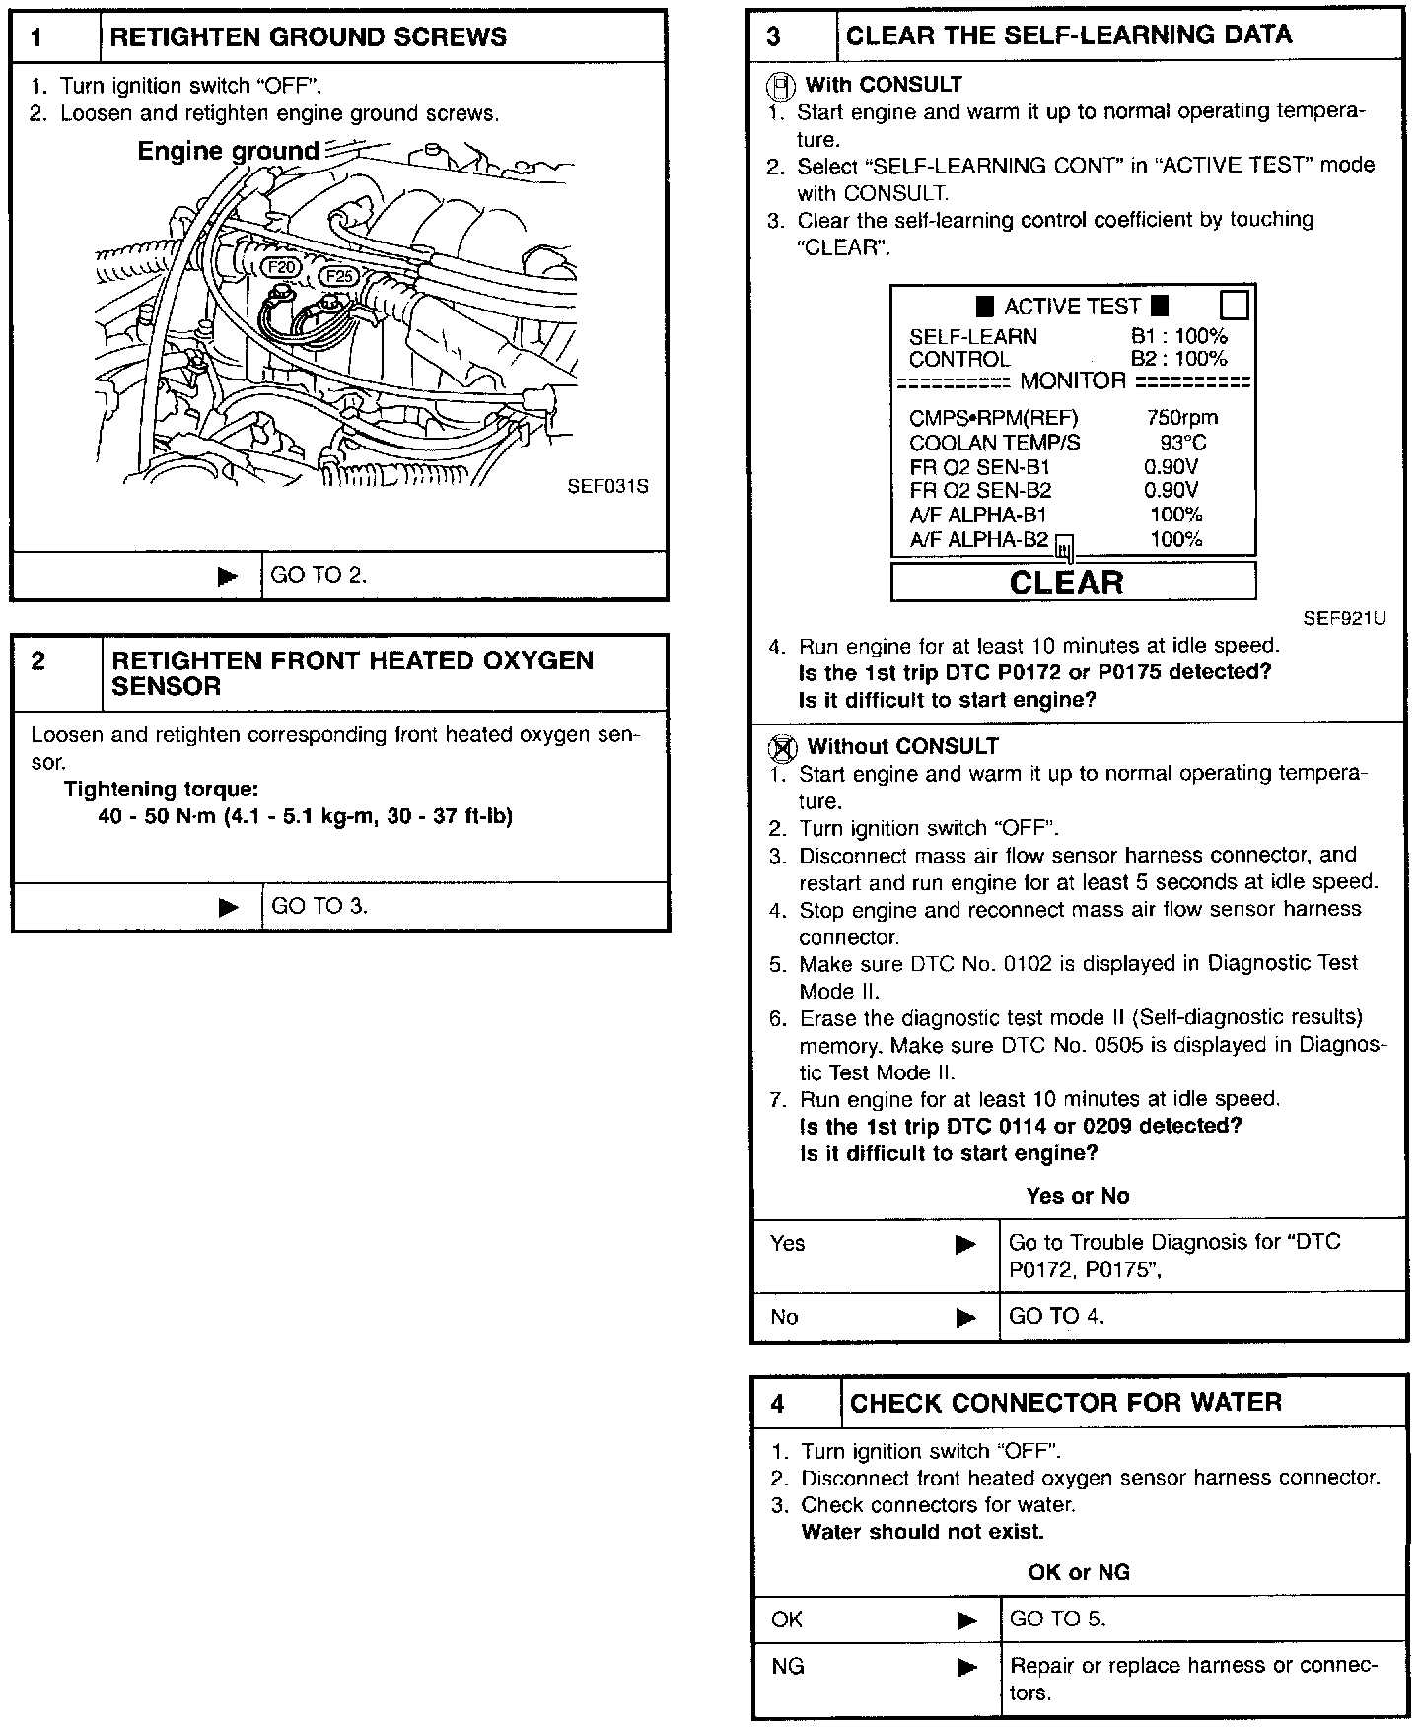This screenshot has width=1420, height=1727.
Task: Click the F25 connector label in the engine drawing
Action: (x=341, y=277)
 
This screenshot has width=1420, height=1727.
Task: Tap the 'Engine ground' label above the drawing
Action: (x=228, y=151)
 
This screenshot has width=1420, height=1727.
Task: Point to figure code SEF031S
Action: (x=607, y=487)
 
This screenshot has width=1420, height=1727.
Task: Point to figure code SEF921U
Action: (x=1344, y=619)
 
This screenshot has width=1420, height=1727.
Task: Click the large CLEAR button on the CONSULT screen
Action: (x=1073, y=583)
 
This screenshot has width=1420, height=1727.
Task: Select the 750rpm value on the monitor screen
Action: (x=1181, y=418)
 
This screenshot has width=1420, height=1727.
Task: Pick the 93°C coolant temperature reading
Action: (x=1182, y=443)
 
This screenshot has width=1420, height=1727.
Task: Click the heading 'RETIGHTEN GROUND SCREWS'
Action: (x=308, y=37)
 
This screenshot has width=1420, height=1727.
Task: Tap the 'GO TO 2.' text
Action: (x=319, y=576)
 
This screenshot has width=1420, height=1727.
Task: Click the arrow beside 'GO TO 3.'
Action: (x=228, y=907)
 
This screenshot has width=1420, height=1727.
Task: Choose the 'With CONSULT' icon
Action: (x=780, y=87)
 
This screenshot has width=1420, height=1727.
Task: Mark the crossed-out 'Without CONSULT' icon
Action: (x=781, y=748)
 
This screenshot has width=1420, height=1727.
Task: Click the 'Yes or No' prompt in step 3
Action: (x=1077, y=1196)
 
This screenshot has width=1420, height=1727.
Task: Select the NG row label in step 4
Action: (x=788, y=1666)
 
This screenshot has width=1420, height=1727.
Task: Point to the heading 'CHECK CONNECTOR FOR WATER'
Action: (x=1065, y=1403)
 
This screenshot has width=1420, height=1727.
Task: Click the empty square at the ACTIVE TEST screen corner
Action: (x=1234, y=305)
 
